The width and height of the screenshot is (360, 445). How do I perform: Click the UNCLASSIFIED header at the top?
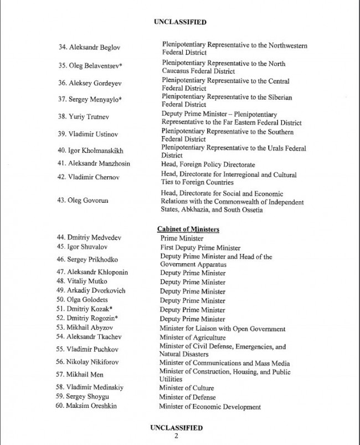point(179,22)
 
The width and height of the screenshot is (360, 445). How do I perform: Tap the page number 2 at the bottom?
point(176,436)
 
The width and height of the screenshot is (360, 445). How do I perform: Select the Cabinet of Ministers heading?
point(188,229)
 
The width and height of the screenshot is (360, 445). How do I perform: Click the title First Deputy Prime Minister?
point(200,248)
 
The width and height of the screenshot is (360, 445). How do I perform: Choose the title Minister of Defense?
point(187,397)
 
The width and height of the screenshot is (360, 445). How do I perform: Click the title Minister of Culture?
point(186,388)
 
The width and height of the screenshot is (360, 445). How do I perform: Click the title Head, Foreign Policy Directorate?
point(208,165)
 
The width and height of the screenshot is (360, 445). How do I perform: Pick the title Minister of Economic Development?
point(210,407)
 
